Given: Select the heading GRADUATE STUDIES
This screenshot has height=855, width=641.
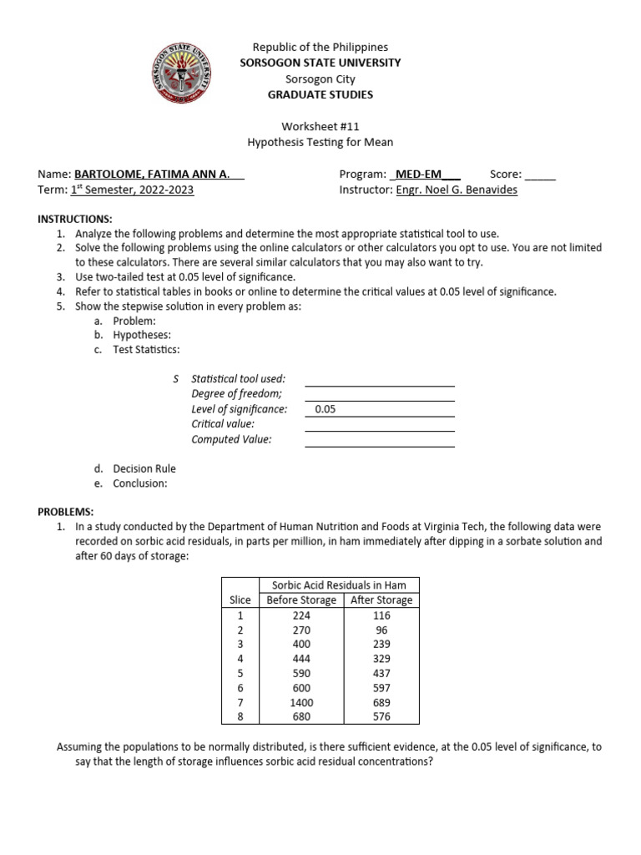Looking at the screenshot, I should pos(320,95).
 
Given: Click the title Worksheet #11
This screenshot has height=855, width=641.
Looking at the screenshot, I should pos(320,127).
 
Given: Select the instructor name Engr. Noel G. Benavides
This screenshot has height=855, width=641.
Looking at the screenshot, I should pos(456,190).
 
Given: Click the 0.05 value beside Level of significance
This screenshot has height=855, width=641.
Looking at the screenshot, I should pos(326,410).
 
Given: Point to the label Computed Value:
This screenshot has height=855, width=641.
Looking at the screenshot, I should pos(231,440).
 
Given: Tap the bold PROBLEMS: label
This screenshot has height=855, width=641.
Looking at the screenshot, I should pos(66,511).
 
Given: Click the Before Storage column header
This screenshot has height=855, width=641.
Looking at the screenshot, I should pos(301,600).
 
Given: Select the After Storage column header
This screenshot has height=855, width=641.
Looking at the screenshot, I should pos(381,600).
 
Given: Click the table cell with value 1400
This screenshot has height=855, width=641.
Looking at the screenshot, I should pos(301,701).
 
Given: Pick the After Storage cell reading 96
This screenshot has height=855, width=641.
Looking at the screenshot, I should pos(381,630).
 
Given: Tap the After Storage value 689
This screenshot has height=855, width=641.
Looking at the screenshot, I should pos(381,701).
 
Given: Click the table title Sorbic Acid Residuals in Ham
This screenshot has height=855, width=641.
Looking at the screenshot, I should pos(341,585).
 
